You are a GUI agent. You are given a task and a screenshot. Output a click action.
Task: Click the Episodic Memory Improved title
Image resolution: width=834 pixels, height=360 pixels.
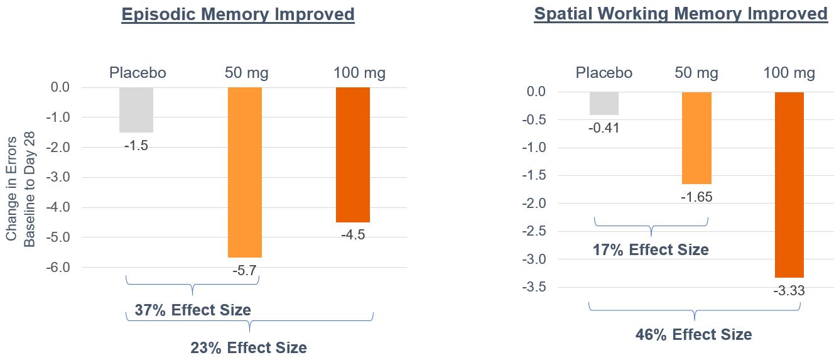238,14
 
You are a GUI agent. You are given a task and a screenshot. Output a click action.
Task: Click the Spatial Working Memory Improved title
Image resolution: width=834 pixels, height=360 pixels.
681,14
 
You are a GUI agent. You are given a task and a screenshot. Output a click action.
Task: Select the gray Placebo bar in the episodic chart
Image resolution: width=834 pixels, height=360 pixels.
136,110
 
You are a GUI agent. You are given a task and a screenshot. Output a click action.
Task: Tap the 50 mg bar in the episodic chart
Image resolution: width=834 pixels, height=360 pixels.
245,172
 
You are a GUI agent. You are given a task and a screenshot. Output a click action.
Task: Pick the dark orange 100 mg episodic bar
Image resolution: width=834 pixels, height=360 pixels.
353,155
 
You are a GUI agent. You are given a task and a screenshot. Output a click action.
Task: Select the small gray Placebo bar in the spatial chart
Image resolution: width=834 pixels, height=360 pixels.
604,104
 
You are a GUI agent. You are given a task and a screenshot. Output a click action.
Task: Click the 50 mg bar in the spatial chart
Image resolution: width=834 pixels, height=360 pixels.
696,138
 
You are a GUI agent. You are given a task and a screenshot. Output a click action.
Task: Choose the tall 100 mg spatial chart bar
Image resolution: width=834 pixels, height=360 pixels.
789,185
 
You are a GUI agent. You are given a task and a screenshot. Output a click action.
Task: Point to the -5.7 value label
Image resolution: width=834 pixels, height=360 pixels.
245,271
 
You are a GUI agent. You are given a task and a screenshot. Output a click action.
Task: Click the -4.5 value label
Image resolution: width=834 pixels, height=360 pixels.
352,235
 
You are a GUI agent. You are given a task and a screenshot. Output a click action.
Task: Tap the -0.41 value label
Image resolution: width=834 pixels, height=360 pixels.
604,128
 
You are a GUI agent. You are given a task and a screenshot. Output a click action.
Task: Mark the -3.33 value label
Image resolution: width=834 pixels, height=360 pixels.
789,292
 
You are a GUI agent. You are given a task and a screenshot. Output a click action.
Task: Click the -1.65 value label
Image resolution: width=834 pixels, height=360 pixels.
696,197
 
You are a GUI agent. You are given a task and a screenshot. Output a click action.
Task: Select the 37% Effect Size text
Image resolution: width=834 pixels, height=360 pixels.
193,310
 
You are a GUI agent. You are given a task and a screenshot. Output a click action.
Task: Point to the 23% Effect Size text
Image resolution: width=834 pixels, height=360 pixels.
249,347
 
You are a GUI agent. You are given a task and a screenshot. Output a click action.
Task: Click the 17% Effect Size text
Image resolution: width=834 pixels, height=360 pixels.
651,249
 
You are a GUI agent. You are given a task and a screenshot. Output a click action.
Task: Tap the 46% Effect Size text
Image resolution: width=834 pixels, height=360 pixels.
693,334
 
